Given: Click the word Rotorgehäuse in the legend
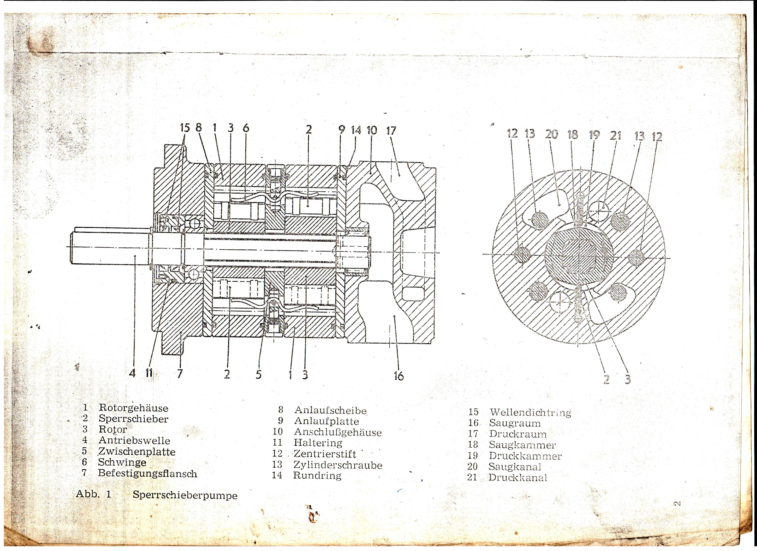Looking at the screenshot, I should [x=134, y=408].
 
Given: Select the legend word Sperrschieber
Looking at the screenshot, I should [x=134, y=419].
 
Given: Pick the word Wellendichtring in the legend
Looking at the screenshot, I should [x=530, y=413].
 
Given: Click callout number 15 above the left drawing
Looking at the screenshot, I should [x=185, y=128].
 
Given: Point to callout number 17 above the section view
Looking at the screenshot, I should [x=391, y=130].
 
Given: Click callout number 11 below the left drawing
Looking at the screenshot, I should [x=149, y=373].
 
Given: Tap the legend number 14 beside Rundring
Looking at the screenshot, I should [x=277, y=475].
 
